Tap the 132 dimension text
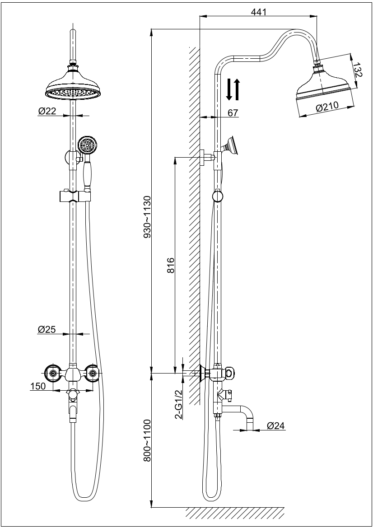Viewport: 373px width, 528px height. (357, 71)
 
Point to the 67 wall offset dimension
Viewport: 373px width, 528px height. (233, 112)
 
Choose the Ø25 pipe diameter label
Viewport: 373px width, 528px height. (47, 330)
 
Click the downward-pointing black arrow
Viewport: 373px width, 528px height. (229, 89)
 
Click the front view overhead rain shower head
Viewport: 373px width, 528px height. (73, 86)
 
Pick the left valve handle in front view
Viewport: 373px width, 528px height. (53, 373)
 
